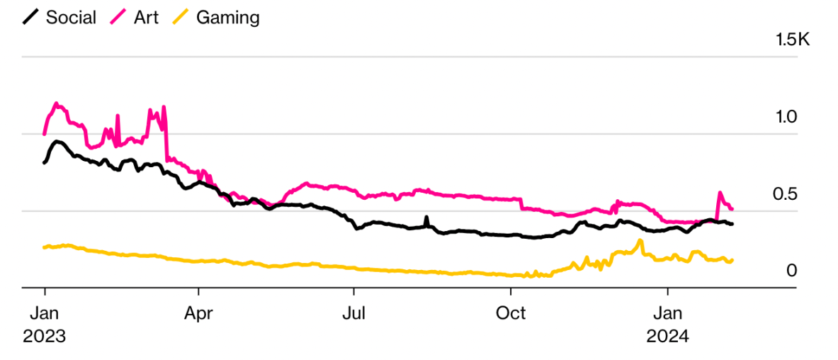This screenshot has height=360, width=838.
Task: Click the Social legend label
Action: pyautogui.click(x=71, y=18)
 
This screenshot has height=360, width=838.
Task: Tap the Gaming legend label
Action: pyautogui.click(x=227, y=18)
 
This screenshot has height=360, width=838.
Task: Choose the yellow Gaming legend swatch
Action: pyautogui.click(x=183, y=18)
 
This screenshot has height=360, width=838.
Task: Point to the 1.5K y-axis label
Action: pyautogui.click(x=793, y=40)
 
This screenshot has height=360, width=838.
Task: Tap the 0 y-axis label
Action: pyautogui.click(x=791, y=271)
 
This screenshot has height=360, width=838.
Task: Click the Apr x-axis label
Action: pyautogui.click(x=198, y=313)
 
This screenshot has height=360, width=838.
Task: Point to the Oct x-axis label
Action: pyautogui.click(x=510, y=313)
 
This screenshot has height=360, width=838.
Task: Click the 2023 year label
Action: pyautogui.click(x=44, y=337)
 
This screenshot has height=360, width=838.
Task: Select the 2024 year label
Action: pyautogui.click(x=667, y=337)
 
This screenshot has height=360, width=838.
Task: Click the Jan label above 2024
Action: pyautogui.click(x=667, y=313)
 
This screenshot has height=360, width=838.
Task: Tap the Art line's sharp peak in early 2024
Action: pyautogui.click(x=720, y=193)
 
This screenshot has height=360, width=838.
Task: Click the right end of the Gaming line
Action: pyautogui.click(x=732, y=260)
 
